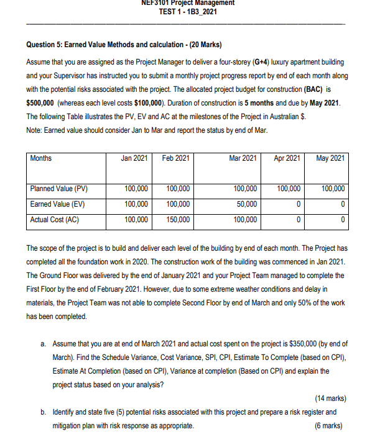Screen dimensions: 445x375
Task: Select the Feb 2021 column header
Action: (176, 158)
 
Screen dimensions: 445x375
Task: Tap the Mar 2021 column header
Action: (243, 158)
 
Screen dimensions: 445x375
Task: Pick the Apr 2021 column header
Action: (287, 158)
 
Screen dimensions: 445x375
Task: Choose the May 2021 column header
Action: (330, 158)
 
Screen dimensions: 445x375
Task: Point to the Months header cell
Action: (41, 158)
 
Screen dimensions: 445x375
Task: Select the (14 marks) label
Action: (327, 398)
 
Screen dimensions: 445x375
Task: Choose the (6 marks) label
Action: (329, 426)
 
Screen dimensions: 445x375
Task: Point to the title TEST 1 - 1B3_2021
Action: (188, 12)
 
